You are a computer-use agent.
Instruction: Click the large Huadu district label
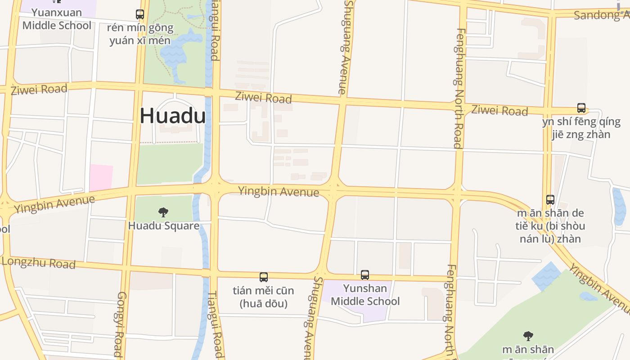pos(173,116)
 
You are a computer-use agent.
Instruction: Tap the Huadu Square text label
pos(164,225)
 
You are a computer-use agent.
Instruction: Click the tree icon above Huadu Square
pos(163,212)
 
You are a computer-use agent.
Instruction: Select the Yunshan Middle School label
pos(365,295)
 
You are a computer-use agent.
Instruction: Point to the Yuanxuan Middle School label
pos(57,19)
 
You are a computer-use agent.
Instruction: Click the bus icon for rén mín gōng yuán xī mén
pos(140,14)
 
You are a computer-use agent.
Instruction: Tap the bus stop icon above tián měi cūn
pos(264,277)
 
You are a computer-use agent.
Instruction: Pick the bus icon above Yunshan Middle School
pos(365,274)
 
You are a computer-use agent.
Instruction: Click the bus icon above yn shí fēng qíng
pos(581,108)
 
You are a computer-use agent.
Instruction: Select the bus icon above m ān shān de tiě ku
pos(550,200)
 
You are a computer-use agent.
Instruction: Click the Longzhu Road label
pos(39,262)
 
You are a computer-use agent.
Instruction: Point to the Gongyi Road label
pos(120,324)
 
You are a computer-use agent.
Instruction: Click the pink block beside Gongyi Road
pos(101,177)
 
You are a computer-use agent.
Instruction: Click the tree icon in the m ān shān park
pos(528,336)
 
